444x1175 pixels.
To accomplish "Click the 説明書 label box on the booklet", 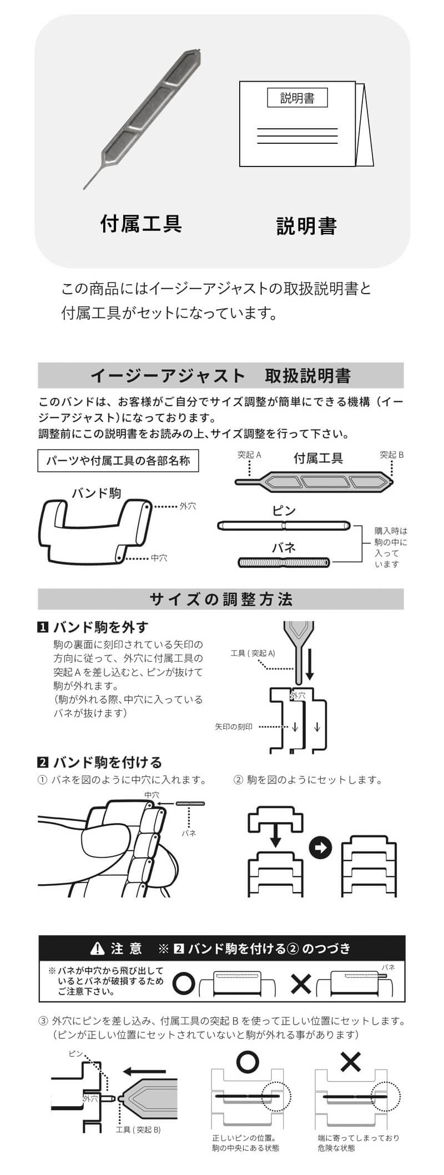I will tap(297, 98).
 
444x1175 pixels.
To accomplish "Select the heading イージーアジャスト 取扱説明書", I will tap(220, 376).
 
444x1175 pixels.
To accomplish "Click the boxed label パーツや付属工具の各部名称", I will tap(118, 461).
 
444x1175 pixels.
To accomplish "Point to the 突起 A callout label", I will tap(249, 455).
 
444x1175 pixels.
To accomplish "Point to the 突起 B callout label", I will tap(392, 455).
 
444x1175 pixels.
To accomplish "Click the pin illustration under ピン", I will tap(284, 525).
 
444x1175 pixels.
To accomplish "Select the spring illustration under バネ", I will tap(284, 563).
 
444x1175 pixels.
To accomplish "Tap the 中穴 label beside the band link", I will tap(159, 558).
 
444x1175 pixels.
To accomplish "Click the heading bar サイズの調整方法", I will tap(220, 599).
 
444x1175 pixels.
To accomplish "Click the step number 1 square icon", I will tap(43, 628).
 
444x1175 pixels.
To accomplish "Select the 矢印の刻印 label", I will tap(234, 727).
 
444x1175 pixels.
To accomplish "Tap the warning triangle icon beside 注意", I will tap(98, 949).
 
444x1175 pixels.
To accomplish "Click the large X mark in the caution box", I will tap(301, 985).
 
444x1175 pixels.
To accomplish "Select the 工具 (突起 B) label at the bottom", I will tap(138, 1127).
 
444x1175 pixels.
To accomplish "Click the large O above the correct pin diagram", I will tap(248, 1061).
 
